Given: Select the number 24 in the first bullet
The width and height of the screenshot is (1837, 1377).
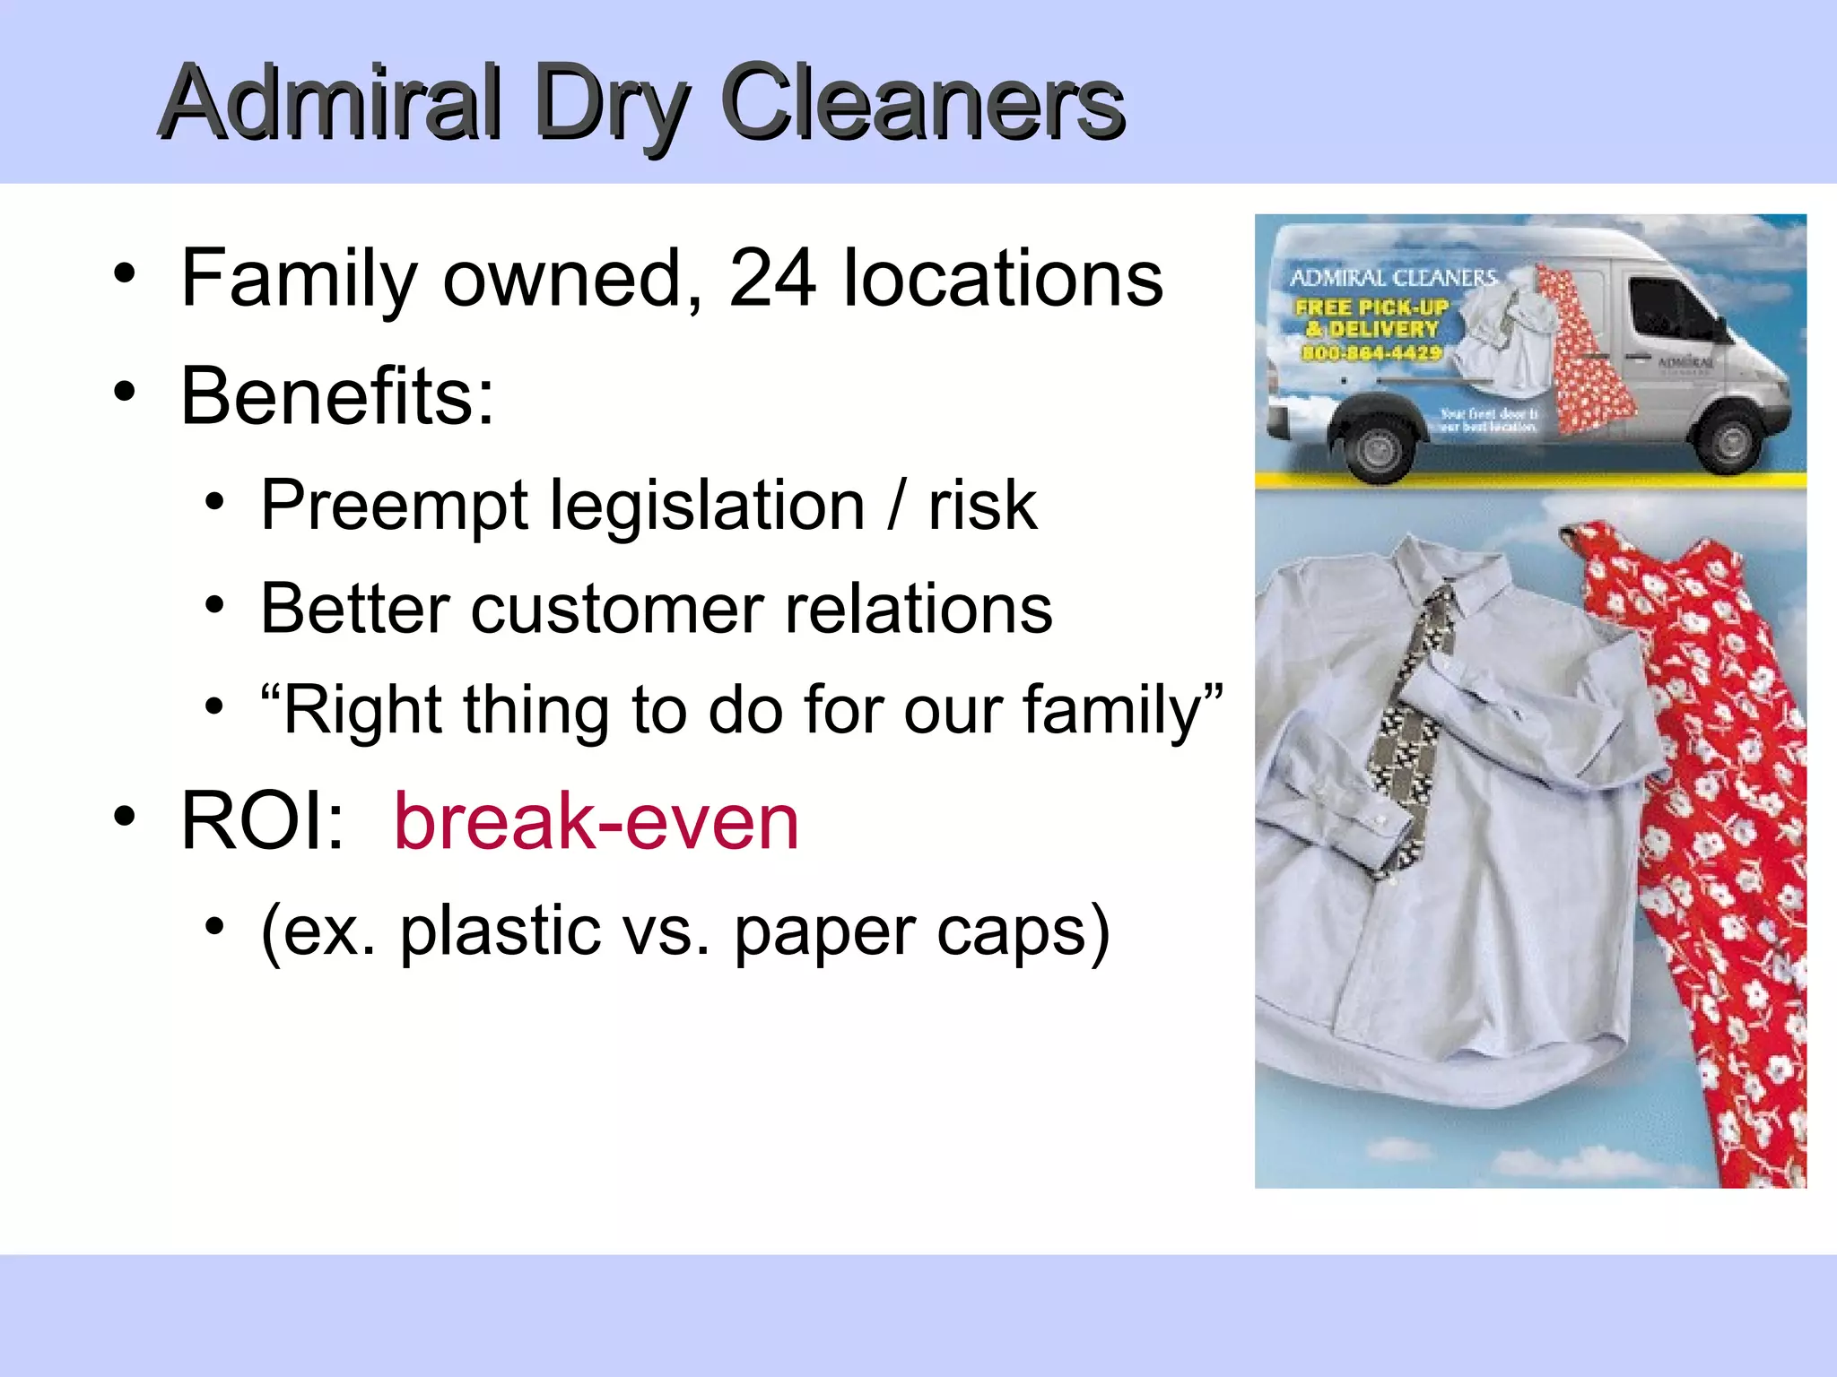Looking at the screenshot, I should [772, 279].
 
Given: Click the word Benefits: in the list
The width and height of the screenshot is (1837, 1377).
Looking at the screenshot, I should [337, 396].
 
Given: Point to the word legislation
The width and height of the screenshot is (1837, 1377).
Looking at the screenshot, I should [708, 506].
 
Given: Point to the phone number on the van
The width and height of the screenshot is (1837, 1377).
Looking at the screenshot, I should [1371, 353].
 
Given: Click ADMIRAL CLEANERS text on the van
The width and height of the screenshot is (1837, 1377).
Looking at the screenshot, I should [1393, 278].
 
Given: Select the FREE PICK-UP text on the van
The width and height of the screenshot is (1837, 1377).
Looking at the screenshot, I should [1371, 307].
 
